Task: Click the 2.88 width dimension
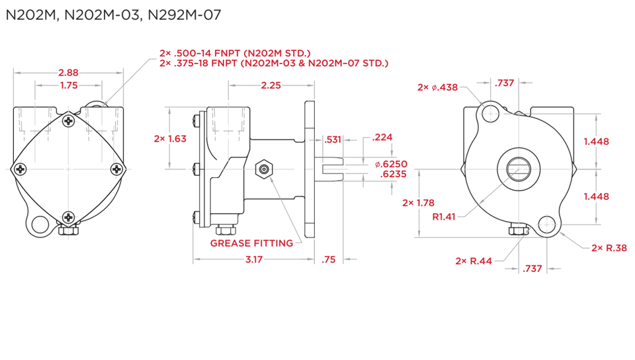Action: click(69, 72)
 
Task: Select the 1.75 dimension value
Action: click(69, 85)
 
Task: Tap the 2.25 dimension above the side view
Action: click(271, 85)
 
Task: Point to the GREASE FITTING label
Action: click(251, 244)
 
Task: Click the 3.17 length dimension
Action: click(253, 260)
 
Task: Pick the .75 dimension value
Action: click(329, 260)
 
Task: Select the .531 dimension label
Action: click(333, 139)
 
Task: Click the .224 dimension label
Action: click(382, 137)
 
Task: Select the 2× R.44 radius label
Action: click(474, 261)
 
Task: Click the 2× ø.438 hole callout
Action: click(437, 87)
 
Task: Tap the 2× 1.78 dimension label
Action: click(417, 202)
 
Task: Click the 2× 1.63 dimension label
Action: click(170, 139)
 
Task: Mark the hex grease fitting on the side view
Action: click(264, 169)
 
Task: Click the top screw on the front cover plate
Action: click(69, 120)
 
